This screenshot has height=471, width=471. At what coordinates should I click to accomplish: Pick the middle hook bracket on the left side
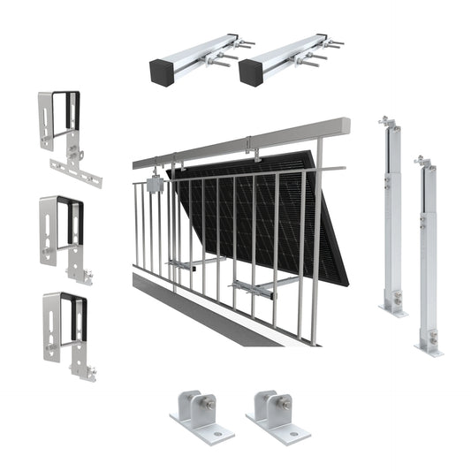point(62,229)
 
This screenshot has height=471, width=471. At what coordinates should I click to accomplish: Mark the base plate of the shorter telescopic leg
point(429,348)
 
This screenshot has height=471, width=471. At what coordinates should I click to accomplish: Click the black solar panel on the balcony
point(265,221)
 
